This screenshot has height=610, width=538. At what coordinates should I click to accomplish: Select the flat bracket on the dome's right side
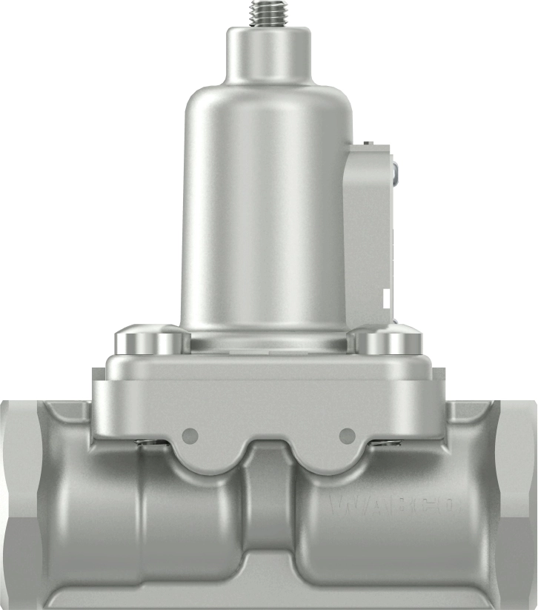(368, 230)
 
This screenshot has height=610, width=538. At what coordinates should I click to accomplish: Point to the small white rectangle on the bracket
(385, 298)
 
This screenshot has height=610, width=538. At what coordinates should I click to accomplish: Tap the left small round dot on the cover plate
(190, 434)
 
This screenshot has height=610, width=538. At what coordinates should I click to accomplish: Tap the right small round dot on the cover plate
(346, 434)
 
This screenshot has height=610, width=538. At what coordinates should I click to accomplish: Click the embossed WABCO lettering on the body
(393, 507)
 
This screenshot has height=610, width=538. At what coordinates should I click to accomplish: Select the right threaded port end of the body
(519, 504)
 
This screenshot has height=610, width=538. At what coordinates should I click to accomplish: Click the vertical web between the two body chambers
(269, 511)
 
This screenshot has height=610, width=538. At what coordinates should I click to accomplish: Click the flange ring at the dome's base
(268, 341)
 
